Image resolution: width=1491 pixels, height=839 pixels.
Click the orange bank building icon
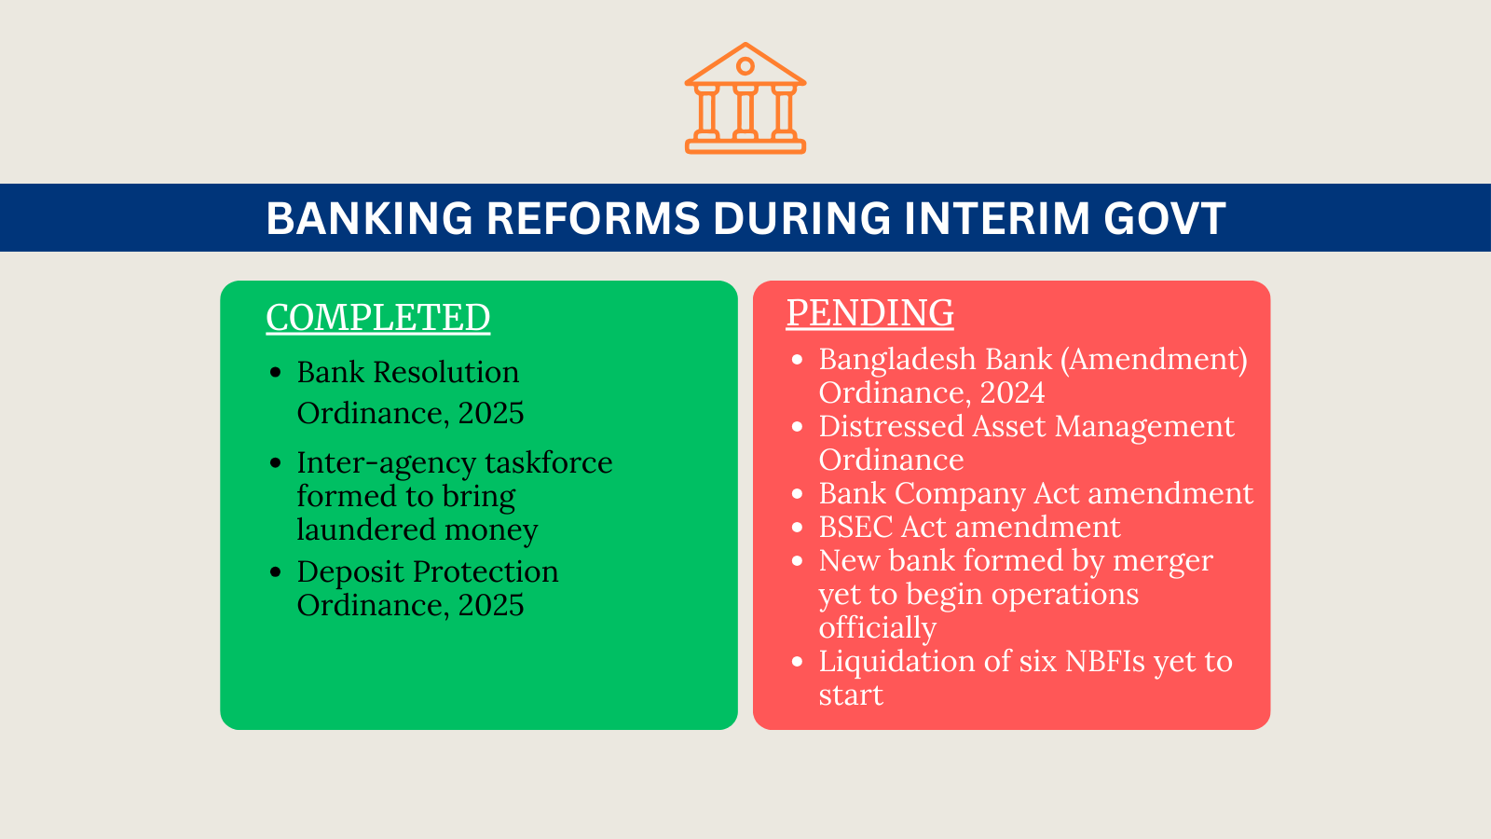[745, 99]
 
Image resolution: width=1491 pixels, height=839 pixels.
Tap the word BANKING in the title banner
[369, 219]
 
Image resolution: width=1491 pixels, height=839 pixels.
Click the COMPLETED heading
[377, 318]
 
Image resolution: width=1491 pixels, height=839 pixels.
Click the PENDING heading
[869, 313]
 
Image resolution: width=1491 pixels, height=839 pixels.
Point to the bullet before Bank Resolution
[275, 373]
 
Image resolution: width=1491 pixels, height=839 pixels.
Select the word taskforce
[548, 462]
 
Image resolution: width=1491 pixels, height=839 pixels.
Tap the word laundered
[353, 530]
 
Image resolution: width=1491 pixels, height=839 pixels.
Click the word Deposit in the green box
[350, 571]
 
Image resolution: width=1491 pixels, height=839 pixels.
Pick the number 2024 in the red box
[1012, 392]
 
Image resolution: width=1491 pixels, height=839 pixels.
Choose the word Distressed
[891, 426]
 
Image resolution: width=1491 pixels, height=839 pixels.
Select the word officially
[877, 628]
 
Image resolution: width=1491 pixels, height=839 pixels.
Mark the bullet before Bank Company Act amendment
[797, 494]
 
